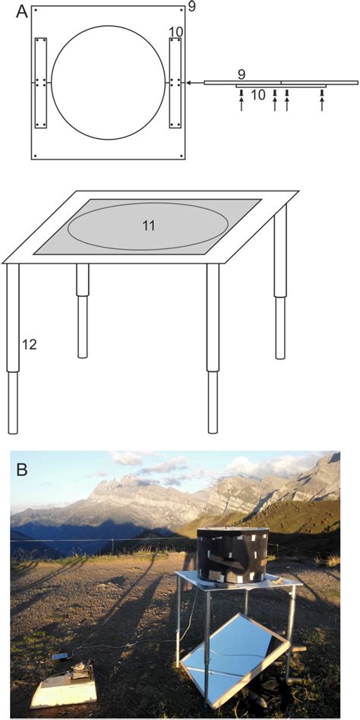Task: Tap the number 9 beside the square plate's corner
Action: point(191,8)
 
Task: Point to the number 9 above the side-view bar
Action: point(241,74)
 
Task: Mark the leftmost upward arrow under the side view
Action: point(241,101)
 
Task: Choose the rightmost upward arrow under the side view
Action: point(322,101)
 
